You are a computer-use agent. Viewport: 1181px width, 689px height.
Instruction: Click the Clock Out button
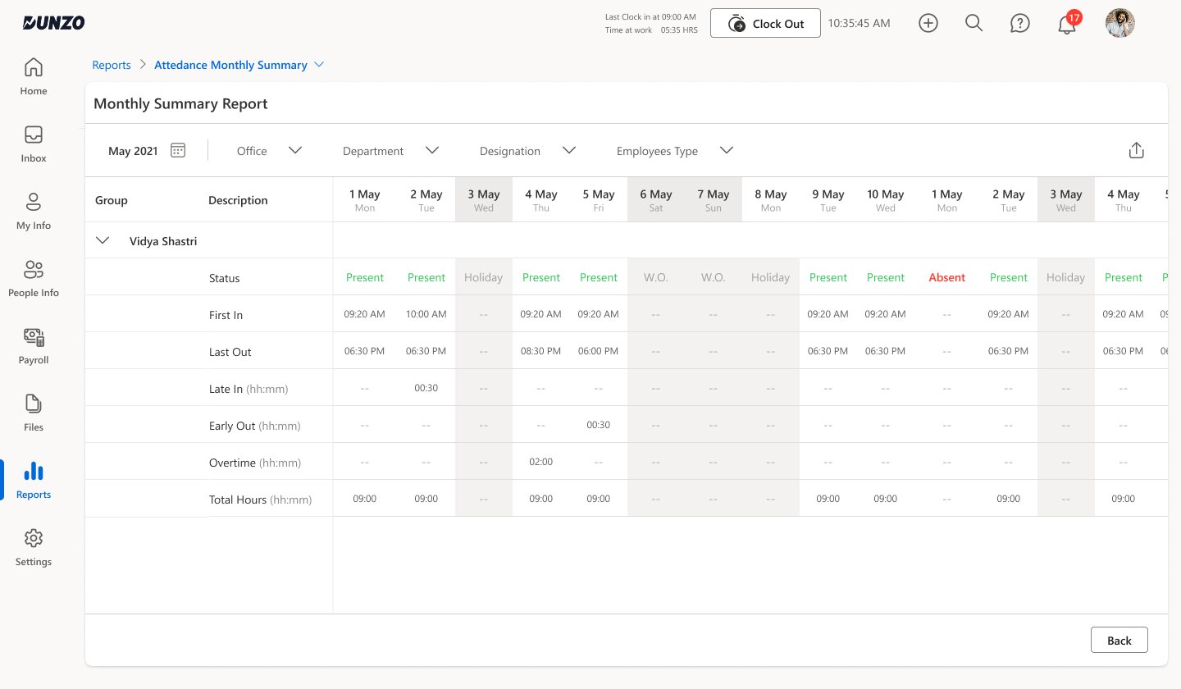(x=765, y=24)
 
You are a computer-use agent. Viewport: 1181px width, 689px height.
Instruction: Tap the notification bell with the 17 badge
(x=1067, y=24)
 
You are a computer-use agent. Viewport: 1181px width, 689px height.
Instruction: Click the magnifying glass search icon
(x=974, y=23)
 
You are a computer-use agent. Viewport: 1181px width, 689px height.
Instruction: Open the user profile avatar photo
(x=1119, y=23)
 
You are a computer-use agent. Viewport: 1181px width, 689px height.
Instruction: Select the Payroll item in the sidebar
(x=34, y=345)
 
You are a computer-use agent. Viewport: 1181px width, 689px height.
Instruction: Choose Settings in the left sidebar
(x=34, y=547)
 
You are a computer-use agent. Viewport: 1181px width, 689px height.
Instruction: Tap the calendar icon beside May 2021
(x=178, y=150)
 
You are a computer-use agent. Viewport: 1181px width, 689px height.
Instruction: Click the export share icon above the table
(x=1136, y=150)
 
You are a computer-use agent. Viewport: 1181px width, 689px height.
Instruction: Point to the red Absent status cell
(x=947, y=277)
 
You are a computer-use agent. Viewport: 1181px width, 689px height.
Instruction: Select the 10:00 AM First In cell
(x=426, y=314)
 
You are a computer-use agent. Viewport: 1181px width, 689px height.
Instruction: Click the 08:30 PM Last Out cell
(x=541, y=351)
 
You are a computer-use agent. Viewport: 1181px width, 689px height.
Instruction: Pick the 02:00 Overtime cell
(x=541, y=462)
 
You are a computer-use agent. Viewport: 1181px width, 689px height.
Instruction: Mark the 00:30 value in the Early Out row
(x=599, y=425)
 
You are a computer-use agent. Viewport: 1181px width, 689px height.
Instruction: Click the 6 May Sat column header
(x=656, y=200)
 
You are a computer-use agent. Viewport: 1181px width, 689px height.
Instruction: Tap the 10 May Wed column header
(x=886, y=200)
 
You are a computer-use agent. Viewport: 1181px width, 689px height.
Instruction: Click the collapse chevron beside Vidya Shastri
(x=103, y=241)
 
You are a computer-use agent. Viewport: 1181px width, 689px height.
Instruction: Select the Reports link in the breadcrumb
(x=112, y=65)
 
